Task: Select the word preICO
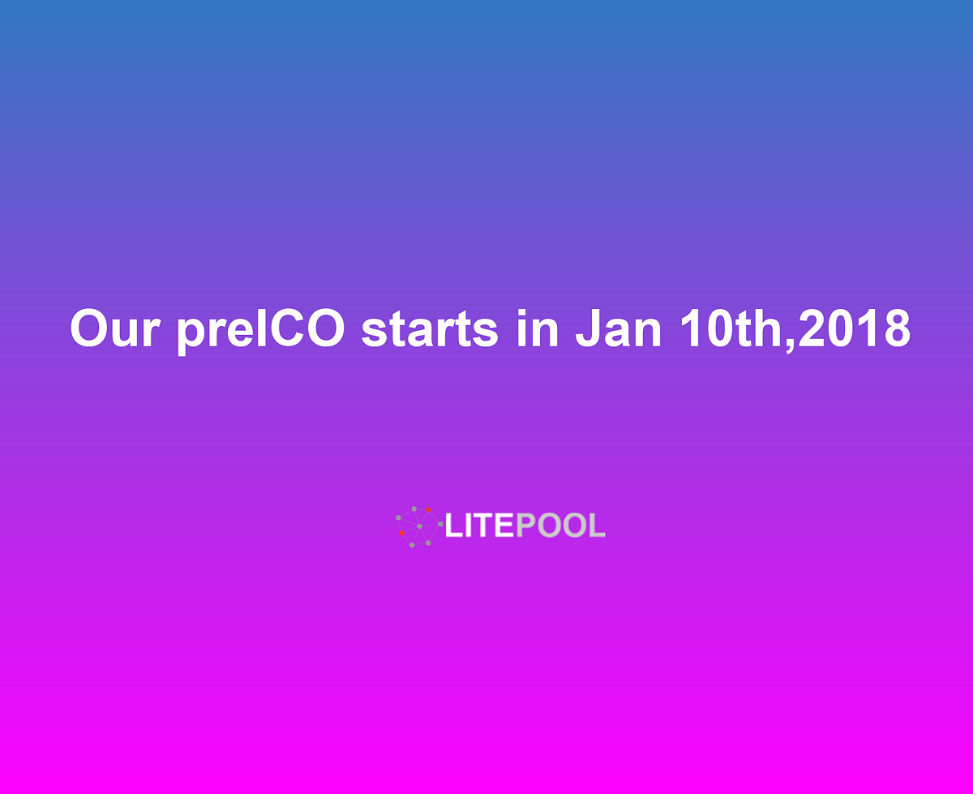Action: click(x=262, y=330)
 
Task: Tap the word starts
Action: click(x=430, y=328)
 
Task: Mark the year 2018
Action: click(x=855, y=328)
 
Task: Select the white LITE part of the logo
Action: click(x=479, y=526)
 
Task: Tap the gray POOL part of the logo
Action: click(x=560, y=526)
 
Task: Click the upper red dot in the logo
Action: click(x=428, y=509)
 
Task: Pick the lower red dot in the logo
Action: click(x=401, y=533)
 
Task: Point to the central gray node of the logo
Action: click(x=419, y=526)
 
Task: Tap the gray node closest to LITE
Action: click(x=440, y=524)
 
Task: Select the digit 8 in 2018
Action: click(x=896, y=328)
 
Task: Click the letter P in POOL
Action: click(x=525, y=526)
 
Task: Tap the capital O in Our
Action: click(x=88, y=328)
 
